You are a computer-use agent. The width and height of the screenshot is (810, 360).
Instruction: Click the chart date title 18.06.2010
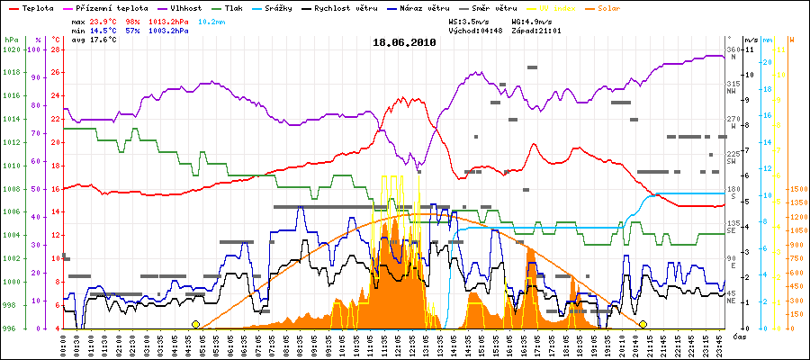point(404,42)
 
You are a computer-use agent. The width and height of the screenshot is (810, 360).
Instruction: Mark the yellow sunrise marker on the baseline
point(195,324)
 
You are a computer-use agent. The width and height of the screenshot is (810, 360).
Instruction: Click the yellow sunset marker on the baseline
point(643,324)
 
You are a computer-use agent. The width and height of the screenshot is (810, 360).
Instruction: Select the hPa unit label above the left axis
point(11,40)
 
